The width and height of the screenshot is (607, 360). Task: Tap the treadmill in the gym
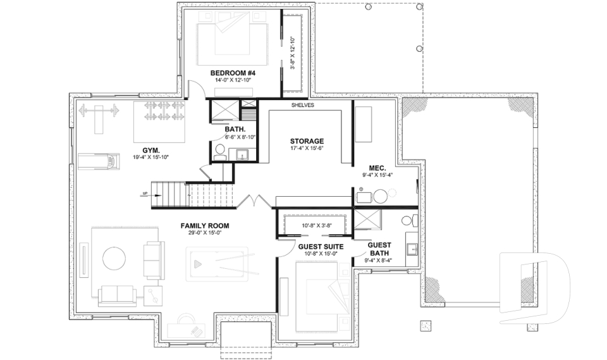click(98, 163)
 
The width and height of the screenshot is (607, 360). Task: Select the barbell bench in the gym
click(98, 115)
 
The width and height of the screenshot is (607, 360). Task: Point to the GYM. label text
click(150, 150)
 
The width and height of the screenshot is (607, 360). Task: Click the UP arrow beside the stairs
click(146, 194)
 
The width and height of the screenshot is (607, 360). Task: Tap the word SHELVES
click(302, 105)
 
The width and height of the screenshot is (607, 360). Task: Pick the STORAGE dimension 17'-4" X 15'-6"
click(307, 149)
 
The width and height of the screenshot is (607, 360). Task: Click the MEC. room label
click(377, 168)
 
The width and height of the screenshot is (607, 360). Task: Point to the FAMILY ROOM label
click(204, 225)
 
